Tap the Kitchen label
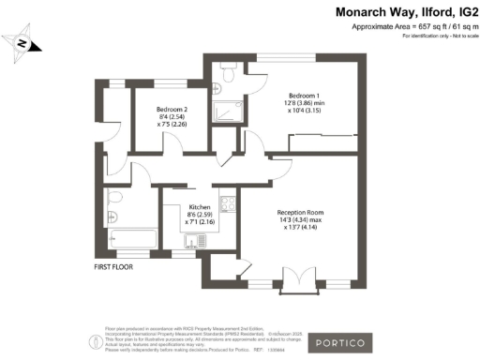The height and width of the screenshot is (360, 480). pyautogui.click(x=200, y=206)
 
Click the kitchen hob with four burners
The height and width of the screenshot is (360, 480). pyautogui.click(x=227, y=202)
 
